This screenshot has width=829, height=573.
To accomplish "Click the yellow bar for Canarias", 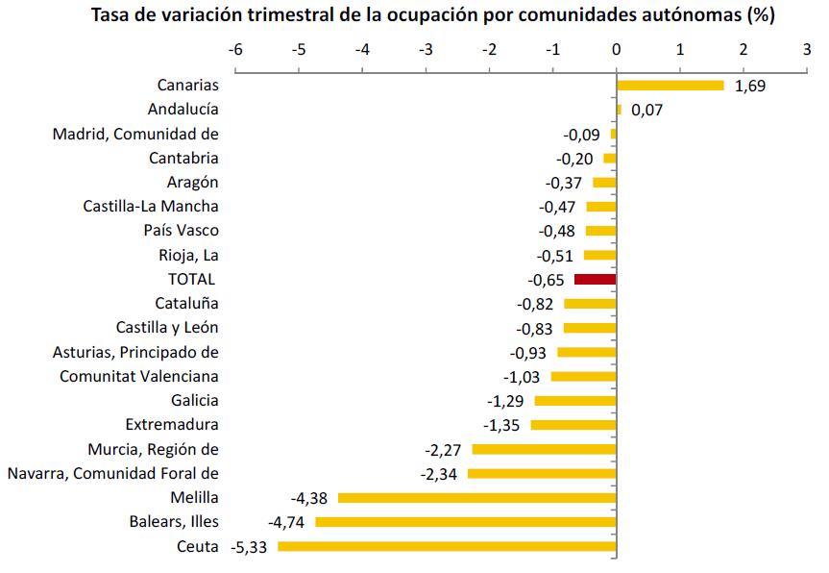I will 670,86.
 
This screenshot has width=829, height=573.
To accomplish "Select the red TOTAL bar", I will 595,280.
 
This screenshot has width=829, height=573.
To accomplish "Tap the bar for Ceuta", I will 447,546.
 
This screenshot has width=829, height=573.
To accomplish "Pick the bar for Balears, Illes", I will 465,522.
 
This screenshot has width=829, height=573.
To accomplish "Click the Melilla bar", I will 476,498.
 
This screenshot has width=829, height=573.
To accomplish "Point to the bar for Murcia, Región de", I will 544,449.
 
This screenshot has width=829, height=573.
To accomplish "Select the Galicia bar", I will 574,401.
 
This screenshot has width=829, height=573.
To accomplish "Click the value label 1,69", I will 750,87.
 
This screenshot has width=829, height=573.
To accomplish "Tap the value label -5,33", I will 251,547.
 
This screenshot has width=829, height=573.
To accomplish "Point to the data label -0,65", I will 546,280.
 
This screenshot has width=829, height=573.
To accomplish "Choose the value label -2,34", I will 440,474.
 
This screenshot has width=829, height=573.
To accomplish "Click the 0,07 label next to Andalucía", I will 647,111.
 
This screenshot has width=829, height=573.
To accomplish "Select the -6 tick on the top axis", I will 234,49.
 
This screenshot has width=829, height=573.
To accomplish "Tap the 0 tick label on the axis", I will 616,49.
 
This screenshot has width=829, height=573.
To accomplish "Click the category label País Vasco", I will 181,231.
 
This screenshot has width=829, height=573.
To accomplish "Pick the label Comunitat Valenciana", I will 138,377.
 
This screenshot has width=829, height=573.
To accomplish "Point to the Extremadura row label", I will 172,425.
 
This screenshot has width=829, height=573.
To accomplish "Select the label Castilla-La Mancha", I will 151,206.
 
